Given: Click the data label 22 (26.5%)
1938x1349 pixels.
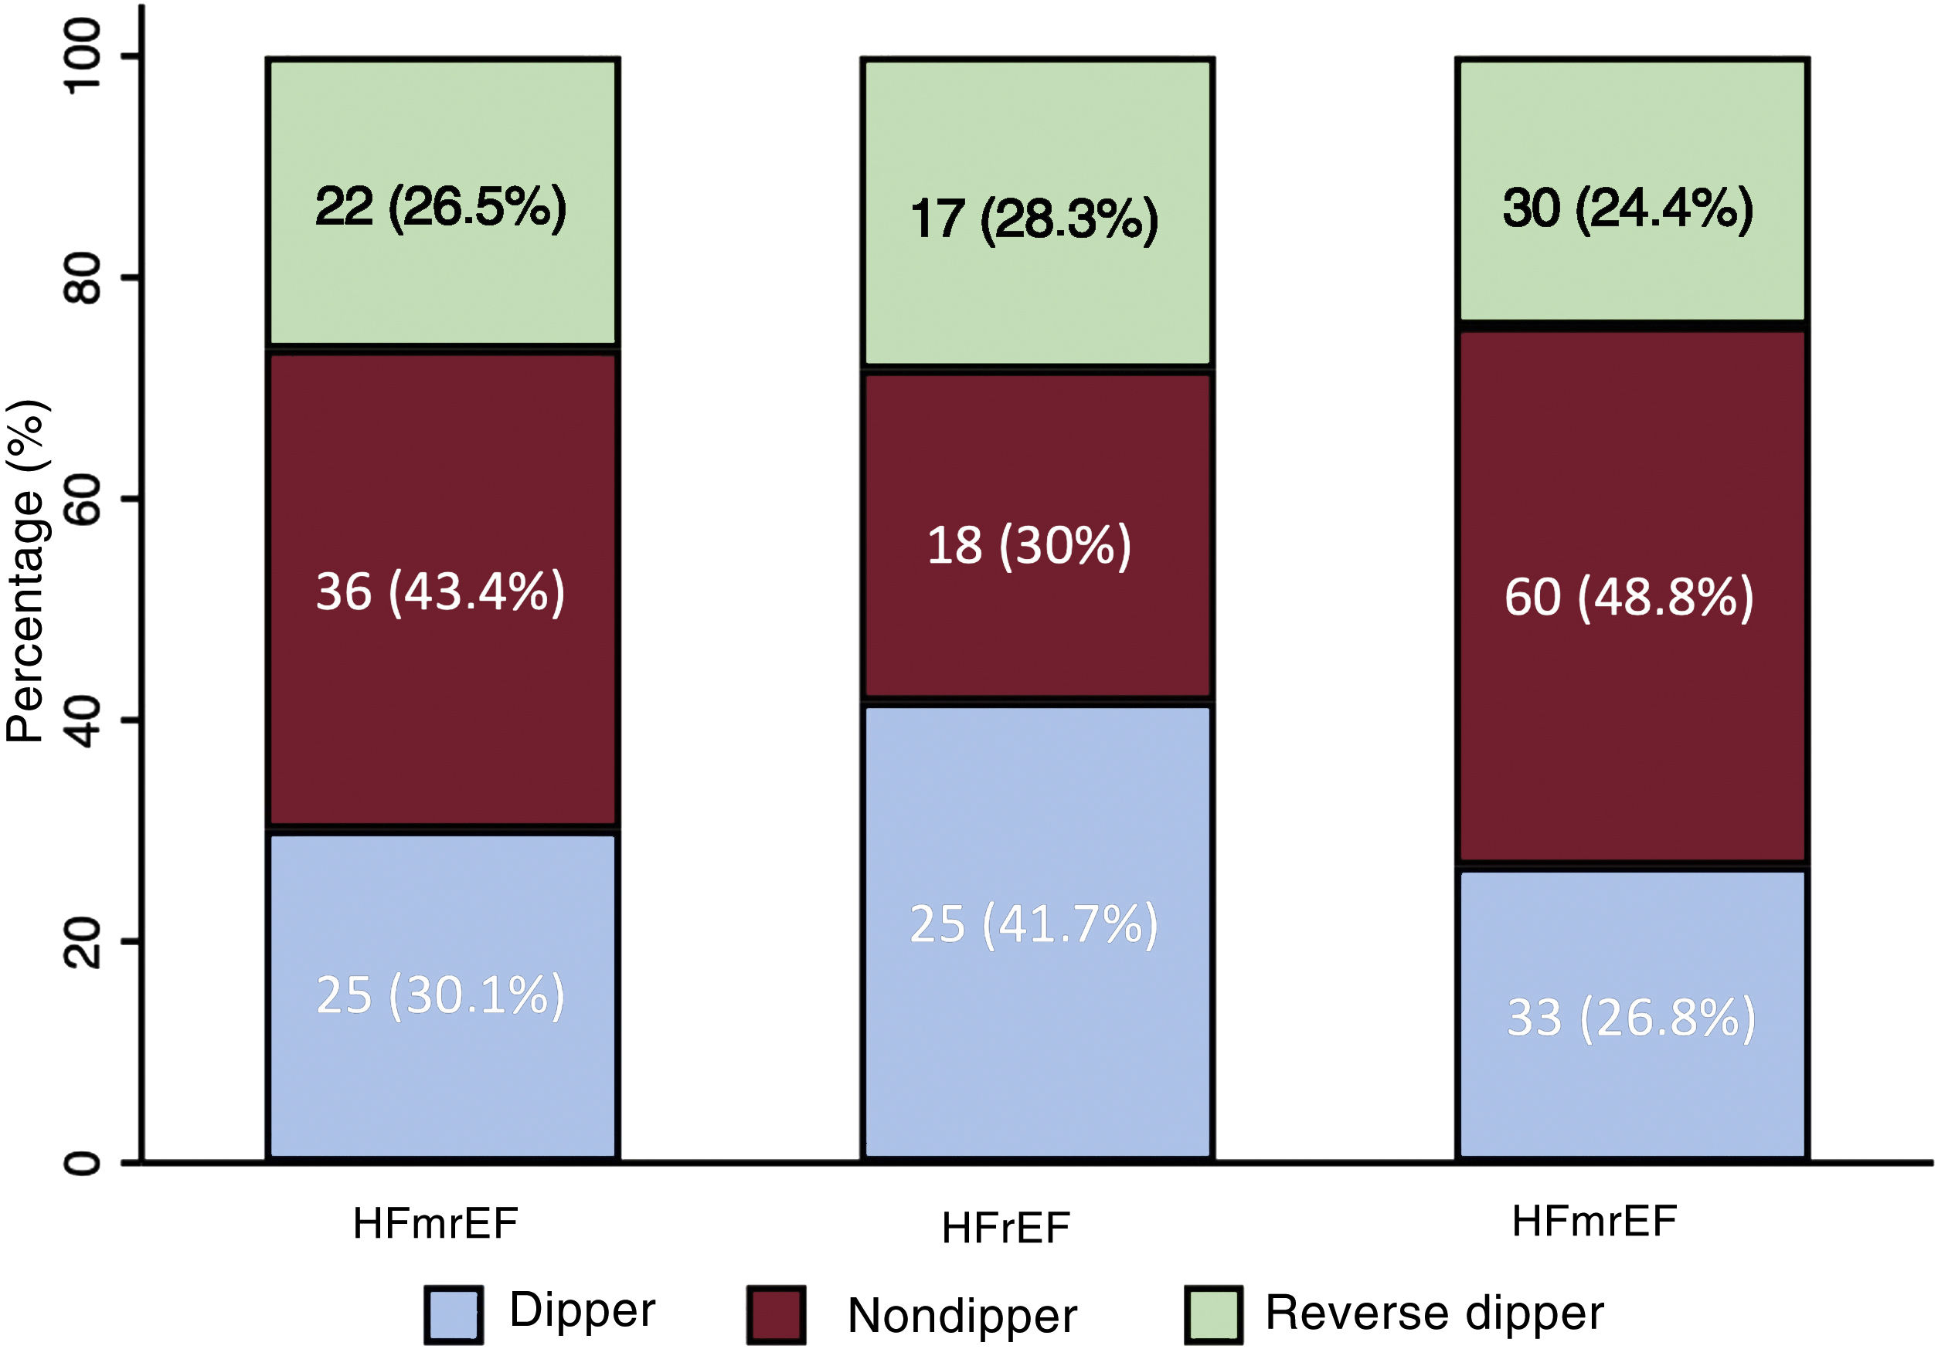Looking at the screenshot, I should point(440,207).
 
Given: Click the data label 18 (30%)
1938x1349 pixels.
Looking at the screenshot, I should point(1029,546).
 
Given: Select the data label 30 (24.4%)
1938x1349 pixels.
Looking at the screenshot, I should point(1628,208).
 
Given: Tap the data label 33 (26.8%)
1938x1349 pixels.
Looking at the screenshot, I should point(1631,1019).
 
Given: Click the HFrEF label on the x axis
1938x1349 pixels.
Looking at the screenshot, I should point(1006,1229).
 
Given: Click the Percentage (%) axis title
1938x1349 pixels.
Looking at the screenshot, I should point(27,572).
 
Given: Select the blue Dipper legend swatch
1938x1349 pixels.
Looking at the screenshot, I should point(454,1314).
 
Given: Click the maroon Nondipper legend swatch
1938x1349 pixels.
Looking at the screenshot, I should point(776,1314).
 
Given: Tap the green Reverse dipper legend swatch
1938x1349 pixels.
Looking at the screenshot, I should point(1213,1314).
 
